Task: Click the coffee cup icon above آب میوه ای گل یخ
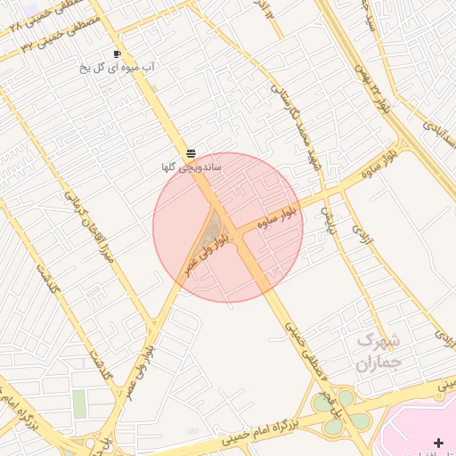pyautogui.click(x=117, y=54)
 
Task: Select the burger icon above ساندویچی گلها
pyautogui.click(x=191, y=153)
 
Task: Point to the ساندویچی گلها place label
pyautogui.click(x=191, y=167)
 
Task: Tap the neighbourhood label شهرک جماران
pyautogui.click(x=379, y=351)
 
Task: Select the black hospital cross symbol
pyautogui.click(x=437, y=443)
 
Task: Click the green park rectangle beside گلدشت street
pyautogui.click(x=80, y=403)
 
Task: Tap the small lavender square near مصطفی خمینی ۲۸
pyautogui.click(x=32, y=8)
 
